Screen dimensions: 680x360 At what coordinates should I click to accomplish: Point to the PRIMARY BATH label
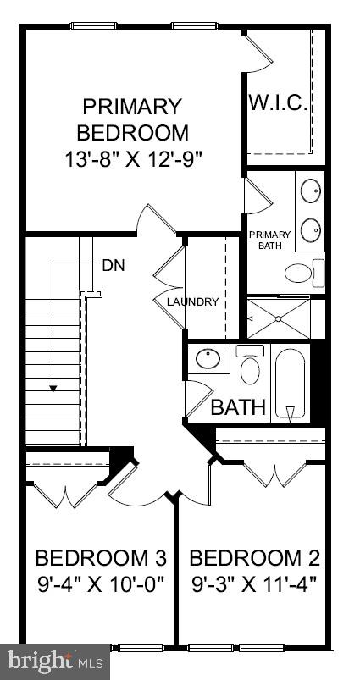coord(269,240)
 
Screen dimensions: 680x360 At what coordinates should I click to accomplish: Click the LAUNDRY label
coord(192,301)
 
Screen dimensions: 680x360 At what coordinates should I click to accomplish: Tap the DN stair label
coord(113,264)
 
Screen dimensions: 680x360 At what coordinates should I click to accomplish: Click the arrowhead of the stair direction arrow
coord(53,388)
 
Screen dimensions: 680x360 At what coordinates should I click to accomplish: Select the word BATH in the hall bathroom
coord(238,407)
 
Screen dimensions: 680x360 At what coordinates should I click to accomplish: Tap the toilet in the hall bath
coord(250,367)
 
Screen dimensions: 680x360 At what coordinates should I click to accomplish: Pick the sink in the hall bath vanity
coord(208,360)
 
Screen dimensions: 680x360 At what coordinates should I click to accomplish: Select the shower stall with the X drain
coord(279,318)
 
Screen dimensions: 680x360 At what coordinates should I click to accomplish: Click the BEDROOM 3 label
coord(100,558)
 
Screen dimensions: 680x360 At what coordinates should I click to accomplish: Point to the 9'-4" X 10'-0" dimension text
coord(100,584)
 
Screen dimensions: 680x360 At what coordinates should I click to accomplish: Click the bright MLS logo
coord(55,660)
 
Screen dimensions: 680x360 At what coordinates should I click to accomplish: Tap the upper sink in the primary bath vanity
coord(310,189)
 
